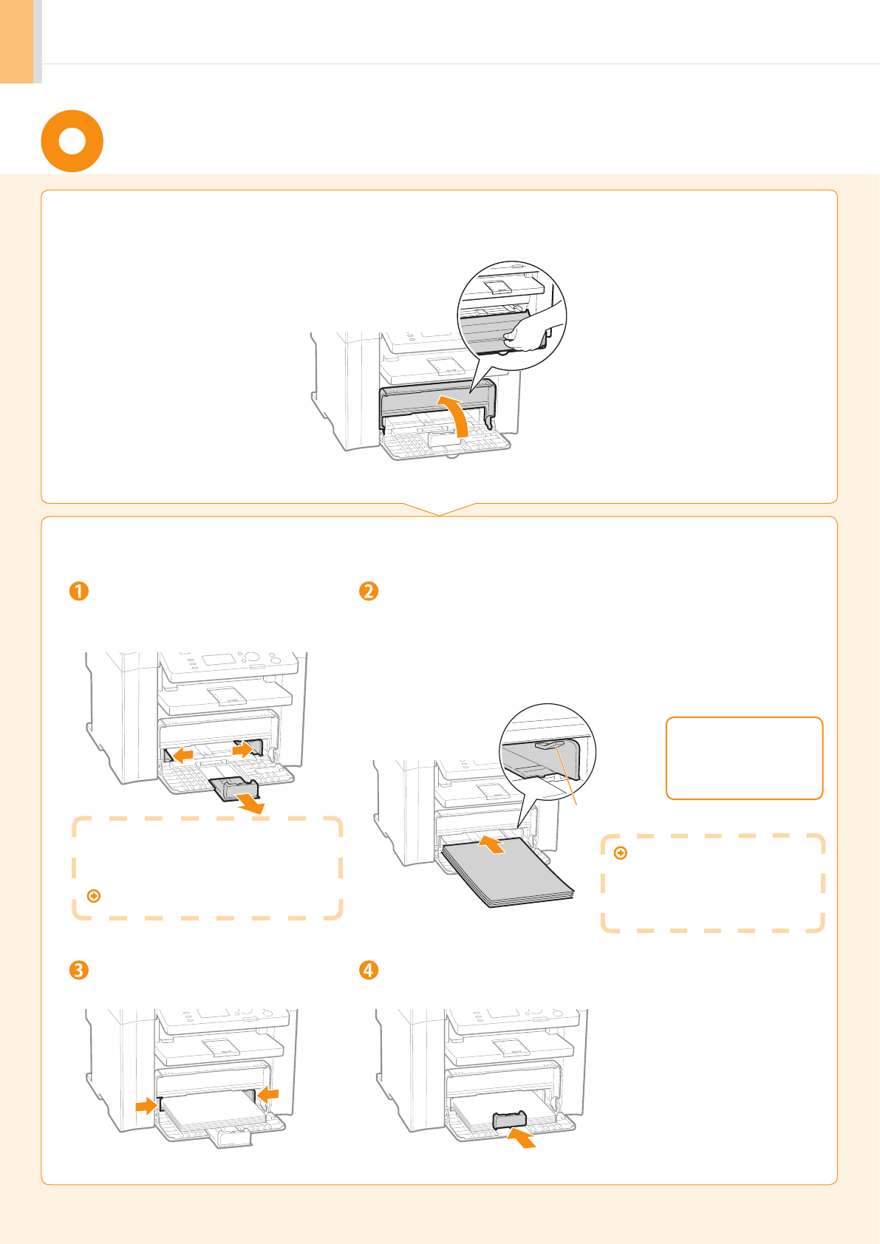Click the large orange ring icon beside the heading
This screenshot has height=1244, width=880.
pos(72,141)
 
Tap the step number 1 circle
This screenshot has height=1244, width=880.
pos(78,591)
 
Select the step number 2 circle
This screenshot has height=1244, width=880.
pos(368,591)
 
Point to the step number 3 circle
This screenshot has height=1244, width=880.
pos(78,969)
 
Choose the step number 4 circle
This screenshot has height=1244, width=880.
pos(368,969)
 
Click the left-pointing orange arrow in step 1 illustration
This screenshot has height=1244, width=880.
pos(182,755)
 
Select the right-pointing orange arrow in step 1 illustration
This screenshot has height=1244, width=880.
pos(242,749)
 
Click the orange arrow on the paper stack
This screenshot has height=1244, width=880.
pos(492,844)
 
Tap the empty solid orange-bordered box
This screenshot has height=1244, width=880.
pos(744,758)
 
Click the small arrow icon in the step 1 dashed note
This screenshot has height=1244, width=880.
pos(94,895)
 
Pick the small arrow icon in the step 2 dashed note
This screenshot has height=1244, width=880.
pos(621,853)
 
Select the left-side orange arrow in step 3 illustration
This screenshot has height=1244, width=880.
pos(146,1105)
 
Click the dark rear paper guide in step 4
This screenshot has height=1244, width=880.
pos(509,1120)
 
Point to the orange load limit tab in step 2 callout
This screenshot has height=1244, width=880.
pos(551,744)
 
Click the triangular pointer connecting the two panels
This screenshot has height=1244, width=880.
pos(440,510)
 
